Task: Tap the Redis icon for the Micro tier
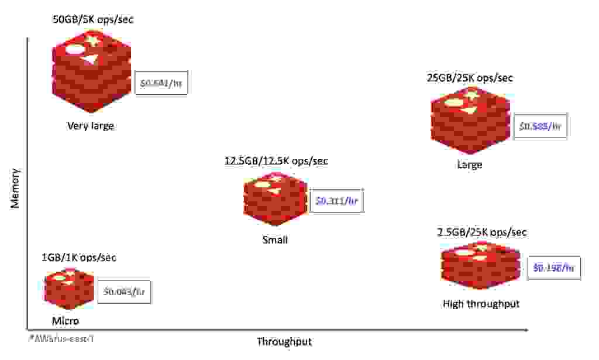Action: click(69, 289)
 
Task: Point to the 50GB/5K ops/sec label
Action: click(94, 20)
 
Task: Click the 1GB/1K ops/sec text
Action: click(74, 258)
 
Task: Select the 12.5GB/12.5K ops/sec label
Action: click(276, 161)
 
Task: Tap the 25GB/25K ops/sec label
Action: click(470, 78)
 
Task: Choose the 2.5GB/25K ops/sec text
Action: click(481, 232)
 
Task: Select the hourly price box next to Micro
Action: click(125, 292)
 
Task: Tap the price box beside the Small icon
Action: click(336, 201)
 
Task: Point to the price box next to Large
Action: click(540, 126)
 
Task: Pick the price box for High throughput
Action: click(553, 268)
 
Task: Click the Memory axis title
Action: click(16, 188)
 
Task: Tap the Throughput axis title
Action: click(284, 342)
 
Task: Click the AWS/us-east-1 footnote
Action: click(57, 338)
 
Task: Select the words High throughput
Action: click(481, 304)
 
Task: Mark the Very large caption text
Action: click(91, 126)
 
